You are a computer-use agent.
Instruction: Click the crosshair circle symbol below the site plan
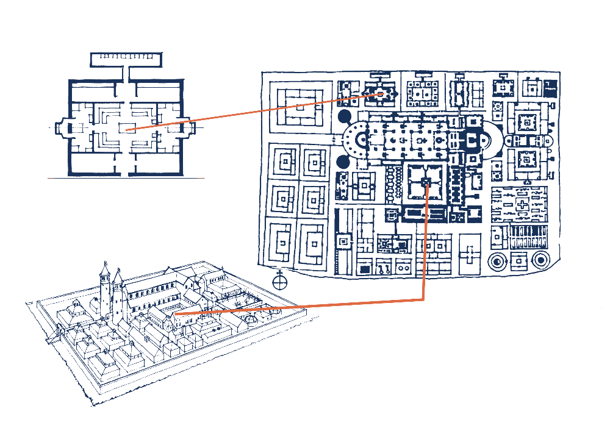click(280, 281)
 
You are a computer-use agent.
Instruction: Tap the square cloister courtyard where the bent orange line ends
click(426, 183)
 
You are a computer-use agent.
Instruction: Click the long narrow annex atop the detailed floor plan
click(127, 59)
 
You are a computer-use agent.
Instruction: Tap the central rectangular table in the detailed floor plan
click(127, 128)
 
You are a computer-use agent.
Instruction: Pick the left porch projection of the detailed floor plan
click(60, 129)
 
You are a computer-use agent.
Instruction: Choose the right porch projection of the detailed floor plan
click(190, 129)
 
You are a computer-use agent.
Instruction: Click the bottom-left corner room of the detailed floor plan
click(90, 163)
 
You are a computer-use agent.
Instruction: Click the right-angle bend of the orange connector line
click(423, 299)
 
